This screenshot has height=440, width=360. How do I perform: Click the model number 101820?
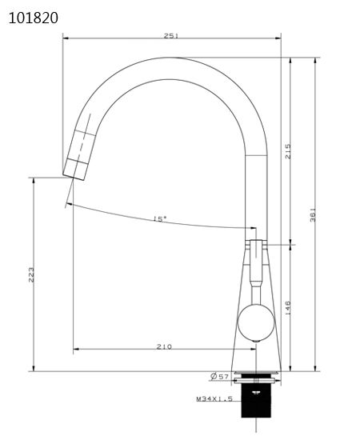[33, 17]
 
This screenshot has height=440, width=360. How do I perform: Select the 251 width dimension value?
[170, 35]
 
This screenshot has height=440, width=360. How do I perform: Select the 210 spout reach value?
[165, 346]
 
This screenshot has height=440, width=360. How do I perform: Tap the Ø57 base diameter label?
[220, 376]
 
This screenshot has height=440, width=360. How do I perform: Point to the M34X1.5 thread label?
[214, 398]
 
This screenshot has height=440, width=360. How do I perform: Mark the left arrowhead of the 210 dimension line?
[75, 349]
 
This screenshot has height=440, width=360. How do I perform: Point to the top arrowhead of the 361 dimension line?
[317, 60]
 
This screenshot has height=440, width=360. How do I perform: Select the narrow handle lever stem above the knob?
[255, 268]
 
